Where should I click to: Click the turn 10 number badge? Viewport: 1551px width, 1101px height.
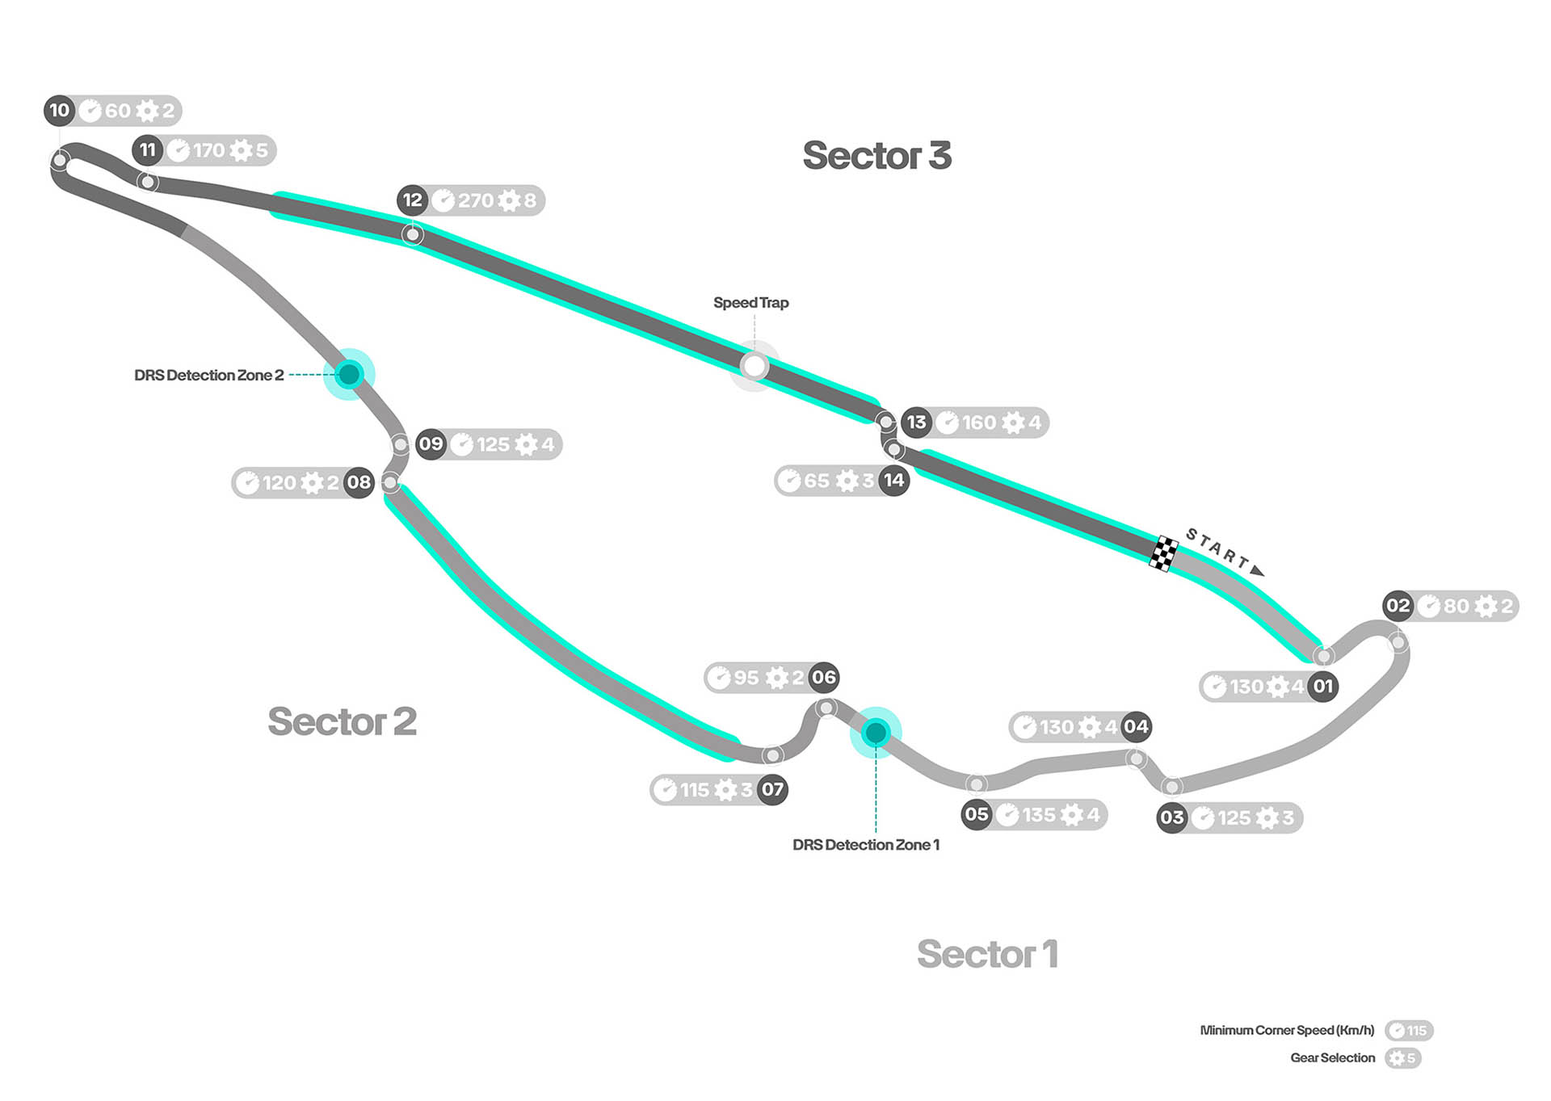coord(59,111)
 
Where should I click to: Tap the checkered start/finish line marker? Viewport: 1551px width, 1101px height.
coord(1163,553)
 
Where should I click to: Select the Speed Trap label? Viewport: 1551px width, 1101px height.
coord(750,303)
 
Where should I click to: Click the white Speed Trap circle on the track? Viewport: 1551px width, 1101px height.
coord(754,367)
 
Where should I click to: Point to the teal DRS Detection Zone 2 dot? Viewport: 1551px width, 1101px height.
coord(349,374)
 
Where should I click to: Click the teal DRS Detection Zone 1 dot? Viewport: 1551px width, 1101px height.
coord(876,733)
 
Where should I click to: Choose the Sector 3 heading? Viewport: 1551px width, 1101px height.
coord(876,155)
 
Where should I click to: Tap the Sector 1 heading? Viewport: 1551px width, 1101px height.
coord(987,954)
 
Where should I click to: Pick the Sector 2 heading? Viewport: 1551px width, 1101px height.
coord(342,721)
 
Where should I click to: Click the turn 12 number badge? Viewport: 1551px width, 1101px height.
coord(413,200)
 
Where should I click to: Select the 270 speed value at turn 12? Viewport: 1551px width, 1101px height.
coord(476,200)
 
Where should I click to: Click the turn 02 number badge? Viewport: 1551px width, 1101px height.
coord(1398,606)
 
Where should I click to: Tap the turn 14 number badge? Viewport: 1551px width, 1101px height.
coord(893,481)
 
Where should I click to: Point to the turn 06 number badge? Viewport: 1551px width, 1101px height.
coord(823,677)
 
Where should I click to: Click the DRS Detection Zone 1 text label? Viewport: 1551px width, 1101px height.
coord(866,845)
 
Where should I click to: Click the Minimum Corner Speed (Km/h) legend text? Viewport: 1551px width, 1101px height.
coord(1287,1031)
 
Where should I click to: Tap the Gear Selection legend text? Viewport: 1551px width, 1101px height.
coord(1332,1058)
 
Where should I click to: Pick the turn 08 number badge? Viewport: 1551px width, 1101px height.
coord(359,483)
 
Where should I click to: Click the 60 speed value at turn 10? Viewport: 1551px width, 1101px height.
coord(117,111)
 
